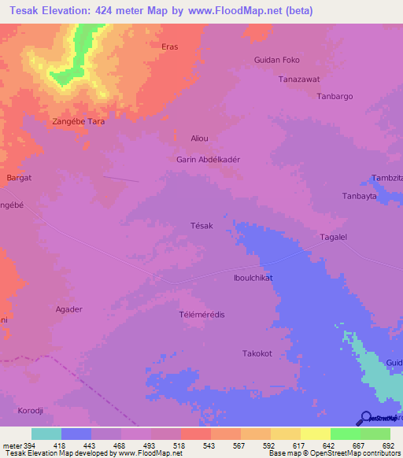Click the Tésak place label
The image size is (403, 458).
[x=201, y=226]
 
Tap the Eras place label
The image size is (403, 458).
[x=169, y=47]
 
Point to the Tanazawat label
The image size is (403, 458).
[x=299, y=79]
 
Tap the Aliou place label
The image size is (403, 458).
[x=200, y=139]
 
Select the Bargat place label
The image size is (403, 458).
[x=19, y=178]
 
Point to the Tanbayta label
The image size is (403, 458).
[x=362, y=196]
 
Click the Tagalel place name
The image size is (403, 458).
[x=334, y=237]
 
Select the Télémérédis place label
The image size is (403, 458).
[x=202, y=314]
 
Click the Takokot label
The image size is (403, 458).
[x=257, y=353]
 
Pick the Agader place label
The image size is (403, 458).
[x=68, y=309]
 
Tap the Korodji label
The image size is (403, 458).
[x=31, y=412]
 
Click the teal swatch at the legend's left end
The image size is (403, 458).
[x=46, y=434]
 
